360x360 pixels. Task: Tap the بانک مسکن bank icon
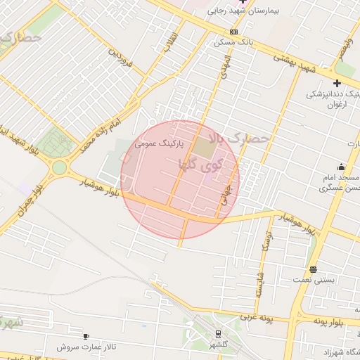pyautogui.click(x=233, y=32)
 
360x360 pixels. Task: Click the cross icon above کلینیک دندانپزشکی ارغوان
pyautogui.click(x=337, y=83)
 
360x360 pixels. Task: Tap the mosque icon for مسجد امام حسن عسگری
pyautogui.click(x=342, y=167)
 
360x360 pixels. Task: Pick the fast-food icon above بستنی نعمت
pyautogui.click(x=313, y=269)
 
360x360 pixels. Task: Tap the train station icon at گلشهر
pyautogui.click(x=218, y=334)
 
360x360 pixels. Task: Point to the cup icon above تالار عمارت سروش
pyautogui.click(x=86, y=336)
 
